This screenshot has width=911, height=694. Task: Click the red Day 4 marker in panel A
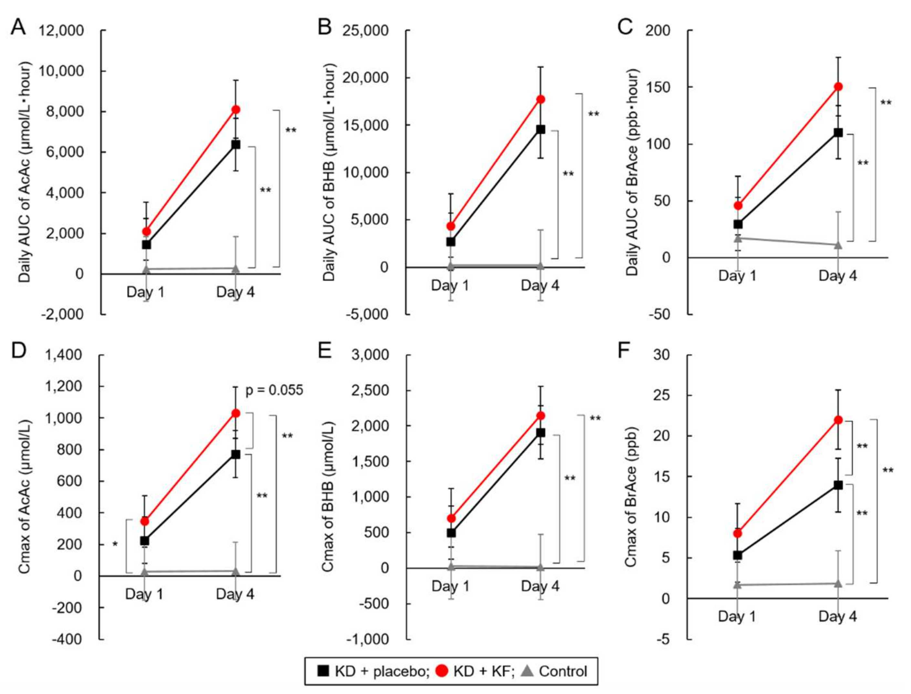(236, 110)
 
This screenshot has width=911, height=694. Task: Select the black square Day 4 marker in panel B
(540, 129)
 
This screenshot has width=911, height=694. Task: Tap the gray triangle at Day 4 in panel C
(838, 245)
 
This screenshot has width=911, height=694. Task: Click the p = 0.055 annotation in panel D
(274, 390)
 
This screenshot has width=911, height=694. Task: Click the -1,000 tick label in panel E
(368, 639)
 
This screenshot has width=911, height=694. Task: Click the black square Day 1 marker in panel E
(451, 533)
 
